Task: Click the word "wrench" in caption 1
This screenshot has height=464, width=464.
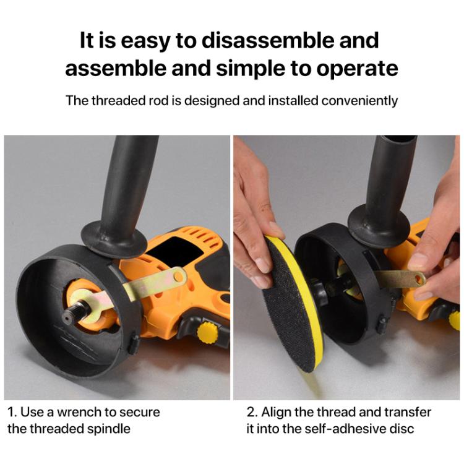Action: point(78,412)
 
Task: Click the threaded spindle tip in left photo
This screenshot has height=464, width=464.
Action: point(67,317)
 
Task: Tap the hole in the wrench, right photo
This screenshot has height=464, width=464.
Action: point(420,280)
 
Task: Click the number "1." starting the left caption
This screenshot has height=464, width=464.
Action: point(12,412)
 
